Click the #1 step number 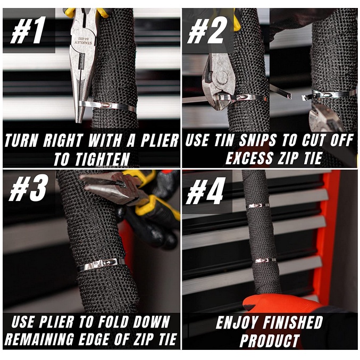coord(27,30)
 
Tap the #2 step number coord(205,30)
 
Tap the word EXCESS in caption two coord(249,158)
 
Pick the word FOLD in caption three coord(113,322)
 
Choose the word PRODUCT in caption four coord(270,340)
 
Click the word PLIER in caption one coord(160,140)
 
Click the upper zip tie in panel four coord(258,206)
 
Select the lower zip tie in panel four coord(265,261)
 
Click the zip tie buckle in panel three coord(106,263)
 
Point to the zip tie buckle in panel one coord(108,105)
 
